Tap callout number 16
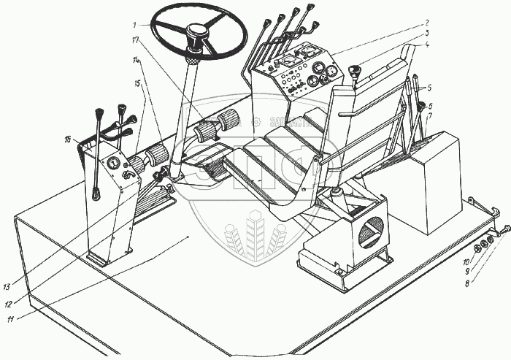(x=67, y=137)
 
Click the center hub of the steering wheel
(x=197, y=34)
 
